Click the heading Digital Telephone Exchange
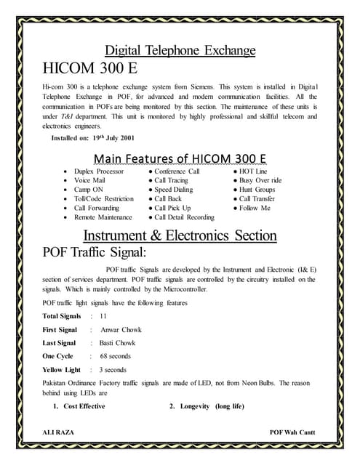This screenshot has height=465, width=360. click(180, 51)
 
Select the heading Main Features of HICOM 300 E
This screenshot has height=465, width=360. click(180, 159)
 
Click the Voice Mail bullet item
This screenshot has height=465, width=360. click(91, 180)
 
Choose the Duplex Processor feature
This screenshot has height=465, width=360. click(98, 171)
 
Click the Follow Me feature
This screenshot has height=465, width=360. click(254, 208)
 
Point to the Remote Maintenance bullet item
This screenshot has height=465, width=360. click(103, 217)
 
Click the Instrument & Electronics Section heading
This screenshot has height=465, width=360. click(180, 236)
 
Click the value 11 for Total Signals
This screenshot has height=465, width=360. click(103, 316)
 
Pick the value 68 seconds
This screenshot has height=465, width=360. click(115, 356)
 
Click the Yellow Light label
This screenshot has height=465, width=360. click(62, 370)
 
